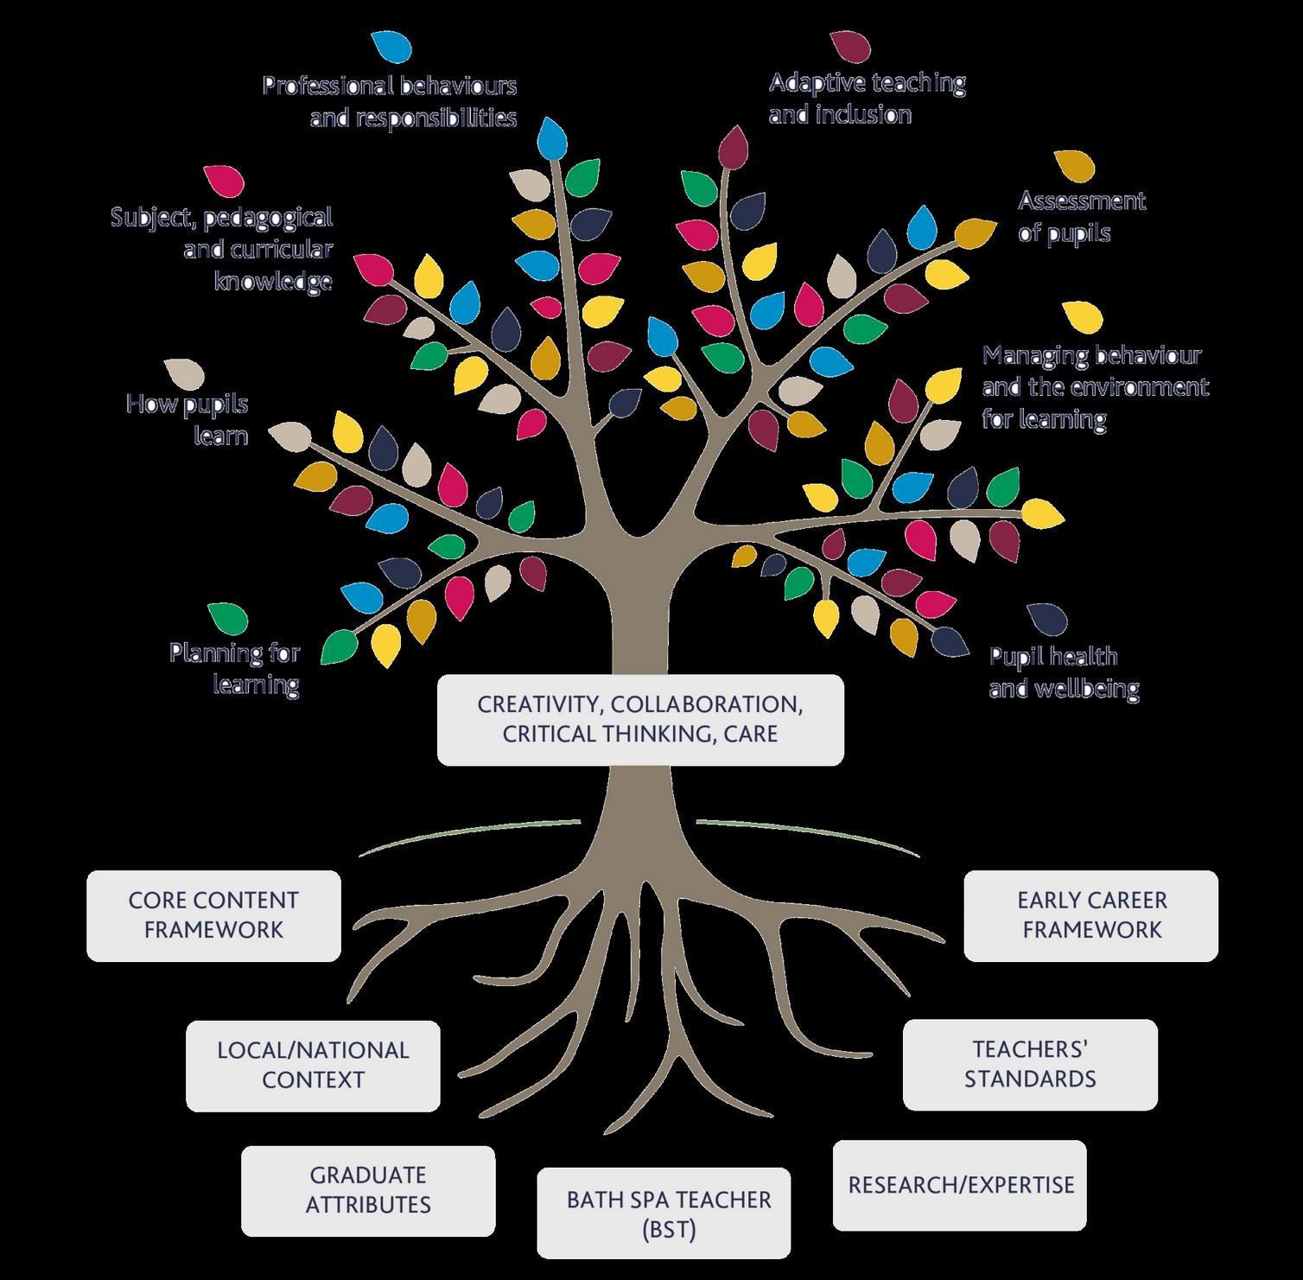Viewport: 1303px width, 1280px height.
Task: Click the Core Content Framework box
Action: coord(213,915)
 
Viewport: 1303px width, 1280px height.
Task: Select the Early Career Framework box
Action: coord(1090,915)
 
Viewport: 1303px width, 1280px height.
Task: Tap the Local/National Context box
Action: coord(313,1065)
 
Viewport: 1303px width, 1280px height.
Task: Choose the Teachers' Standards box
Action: coord(1030,1064)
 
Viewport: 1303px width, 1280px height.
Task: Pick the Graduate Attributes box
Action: coord(368,1190)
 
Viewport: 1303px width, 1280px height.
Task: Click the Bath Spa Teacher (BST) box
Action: coord(664,1213)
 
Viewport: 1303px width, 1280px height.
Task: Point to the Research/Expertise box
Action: coord(959,1185)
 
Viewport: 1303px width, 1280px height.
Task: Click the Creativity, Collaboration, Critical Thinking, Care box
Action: coord(640,719)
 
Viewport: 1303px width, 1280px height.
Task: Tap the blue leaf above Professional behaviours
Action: coord(391,47)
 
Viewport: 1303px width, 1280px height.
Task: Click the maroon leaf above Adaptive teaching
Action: coord(850,47)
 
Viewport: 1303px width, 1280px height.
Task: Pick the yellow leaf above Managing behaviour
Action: coord(1083,316)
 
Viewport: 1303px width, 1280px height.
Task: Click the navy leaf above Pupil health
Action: coord(1047,618)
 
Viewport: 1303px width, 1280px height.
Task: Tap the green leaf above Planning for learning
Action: coord(228,619)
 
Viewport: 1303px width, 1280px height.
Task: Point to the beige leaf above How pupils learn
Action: coord(184,373)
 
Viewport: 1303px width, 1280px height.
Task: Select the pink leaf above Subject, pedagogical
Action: coord(224,181)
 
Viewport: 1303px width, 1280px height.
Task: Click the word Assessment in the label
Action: coord(1082,201)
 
